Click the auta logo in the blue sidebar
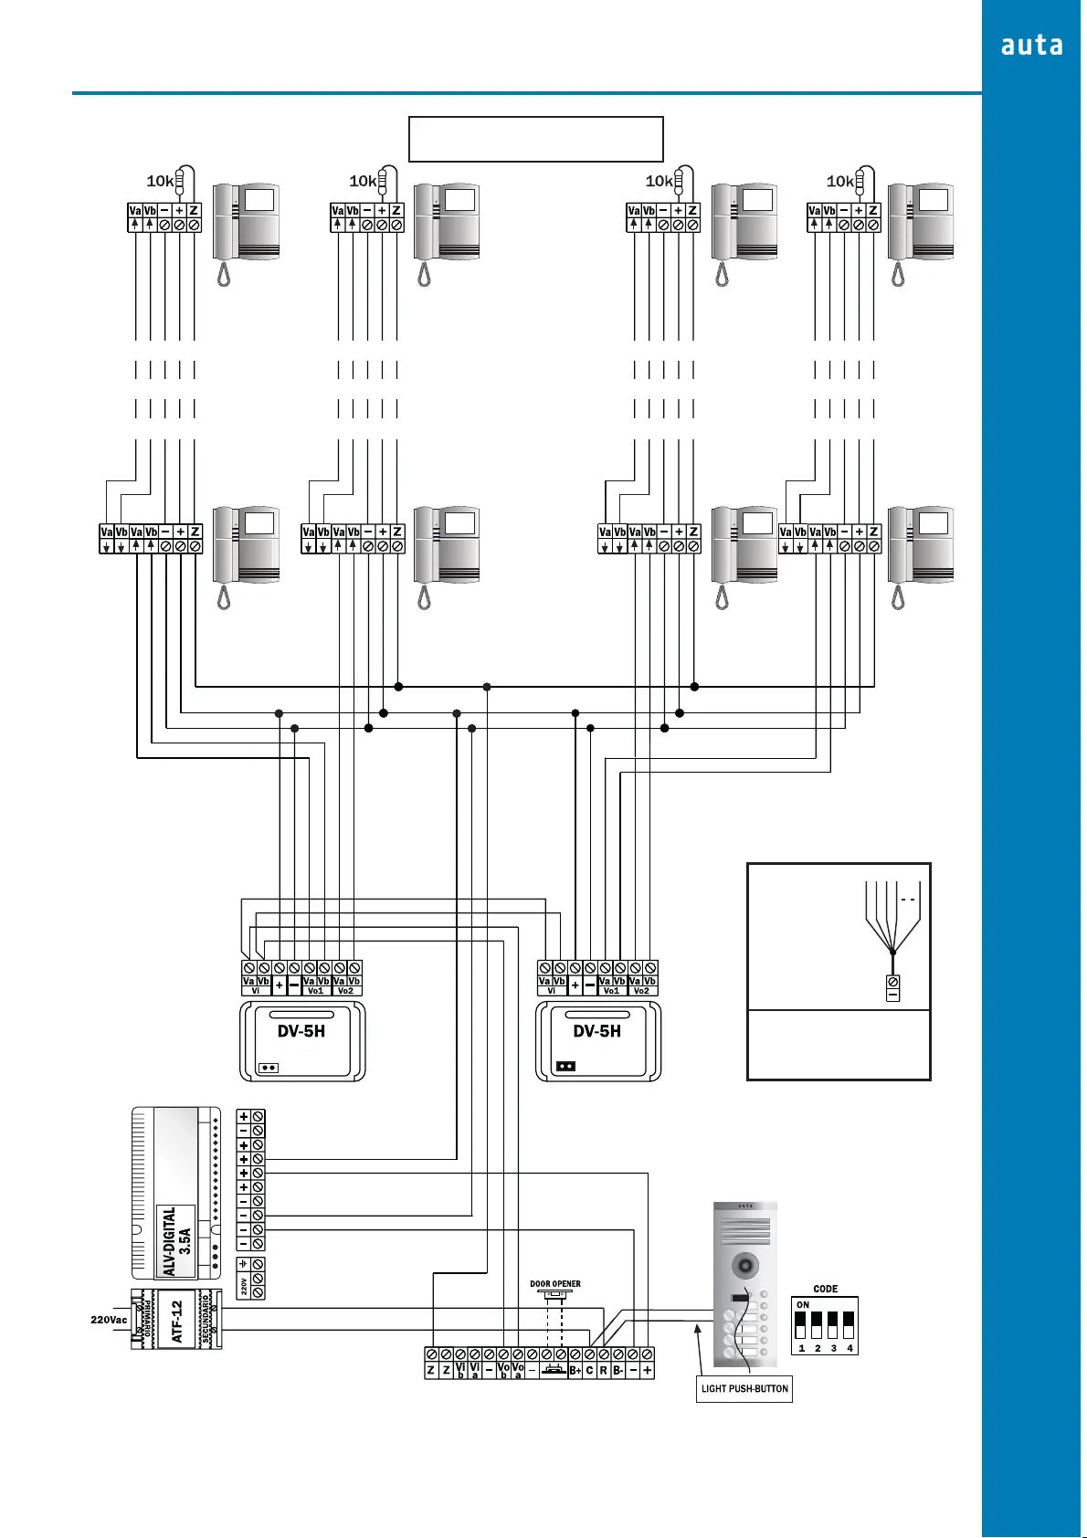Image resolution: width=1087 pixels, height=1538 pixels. click(1031, 46)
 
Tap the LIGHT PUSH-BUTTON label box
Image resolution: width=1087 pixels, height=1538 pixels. click(744, 1388)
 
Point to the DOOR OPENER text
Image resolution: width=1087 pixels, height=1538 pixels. click(555, 1283)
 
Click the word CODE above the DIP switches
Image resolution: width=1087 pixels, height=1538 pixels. click(825, 1289)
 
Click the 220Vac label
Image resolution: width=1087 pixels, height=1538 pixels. click(109, 1320)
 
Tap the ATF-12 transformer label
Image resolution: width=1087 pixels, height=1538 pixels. click(177, 1321)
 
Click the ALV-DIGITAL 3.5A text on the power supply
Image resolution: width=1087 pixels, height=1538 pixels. click(176, 1240)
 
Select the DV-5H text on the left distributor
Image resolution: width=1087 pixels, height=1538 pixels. click(301, 1031)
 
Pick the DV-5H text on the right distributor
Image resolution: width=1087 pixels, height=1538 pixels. click(597, 1031)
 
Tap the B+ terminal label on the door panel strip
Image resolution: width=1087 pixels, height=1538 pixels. click(575, 1371)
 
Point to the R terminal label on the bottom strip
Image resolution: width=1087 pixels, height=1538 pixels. click(604, 1371)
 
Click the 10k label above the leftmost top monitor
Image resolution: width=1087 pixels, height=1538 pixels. click(160, 181)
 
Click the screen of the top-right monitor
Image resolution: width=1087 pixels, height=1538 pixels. click(934, 199)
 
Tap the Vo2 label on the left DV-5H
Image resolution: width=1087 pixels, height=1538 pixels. click(345, 991)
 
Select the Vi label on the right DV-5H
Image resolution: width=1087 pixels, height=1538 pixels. click(552, 991)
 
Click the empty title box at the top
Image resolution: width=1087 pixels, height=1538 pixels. click(535, 139)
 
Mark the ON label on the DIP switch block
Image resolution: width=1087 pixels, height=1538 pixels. click(803, 1305)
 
